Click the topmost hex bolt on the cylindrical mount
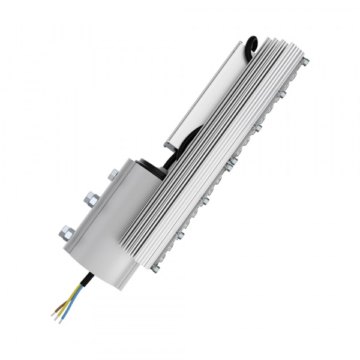click(113, 175)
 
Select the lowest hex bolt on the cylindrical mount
click(67, 232)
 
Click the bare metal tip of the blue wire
click(60, 319)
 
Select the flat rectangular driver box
click(204, 96)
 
